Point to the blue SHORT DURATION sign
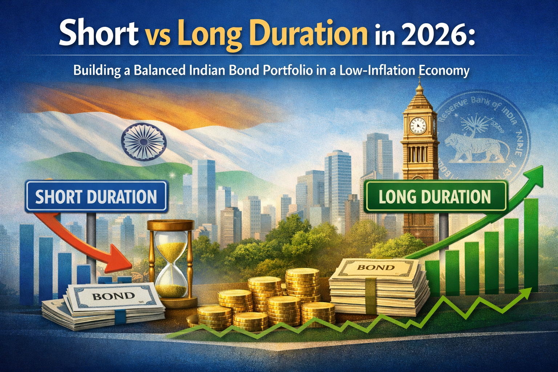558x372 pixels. coord(96,197)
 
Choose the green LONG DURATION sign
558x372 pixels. coord(435,197)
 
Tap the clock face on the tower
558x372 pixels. coord(417,125)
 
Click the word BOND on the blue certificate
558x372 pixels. coord(114,296)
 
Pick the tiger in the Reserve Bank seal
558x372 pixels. coord(472,147)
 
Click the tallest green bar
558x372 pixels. coord(531,245)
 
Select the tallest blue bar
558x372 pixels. coord(27,263)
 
